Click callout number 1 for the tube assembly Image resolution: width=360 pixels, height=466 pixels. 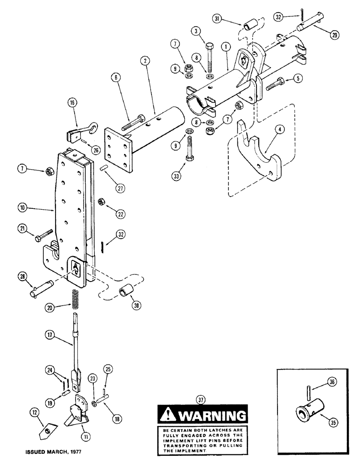226,48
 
